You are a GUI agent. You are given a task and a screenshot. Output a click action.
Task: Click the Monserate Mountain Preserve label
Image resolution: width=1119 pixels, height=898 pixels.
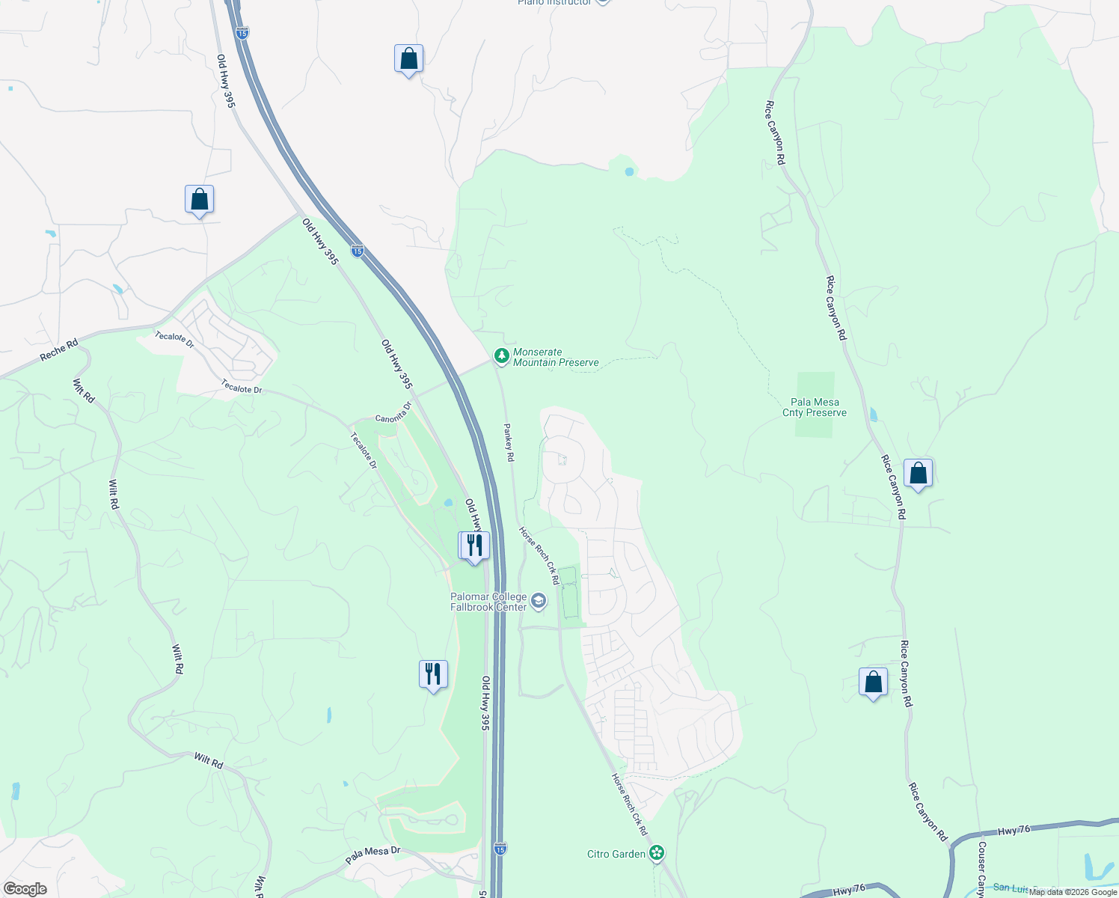coord(556,358)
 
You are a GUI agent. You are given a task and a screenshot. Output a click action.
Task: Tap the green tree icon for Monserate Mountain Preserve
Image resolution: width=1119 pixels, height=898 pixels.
coord(502,356)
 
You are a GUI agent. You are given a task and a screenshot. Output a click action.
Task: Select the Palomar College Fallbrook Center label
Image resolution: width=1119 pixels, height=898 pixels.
coord(488,602)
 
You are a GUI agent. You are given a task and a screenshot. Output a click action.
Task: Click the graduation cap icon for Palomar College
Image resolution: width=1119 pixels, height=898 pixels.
coord(539,601)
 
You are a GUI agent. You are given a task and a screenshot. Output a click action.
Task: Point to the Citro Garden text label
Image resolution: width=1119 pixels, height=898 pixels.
coord(616,854)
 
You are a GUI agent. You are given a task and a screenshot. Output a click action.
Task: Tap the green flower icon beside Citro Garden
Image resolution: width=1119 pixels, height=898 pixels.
coord(657,852)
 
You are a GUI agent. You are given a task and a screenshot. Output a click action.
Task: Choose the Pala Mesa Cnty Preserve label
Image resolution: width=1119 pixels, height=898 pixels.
coord(815,407)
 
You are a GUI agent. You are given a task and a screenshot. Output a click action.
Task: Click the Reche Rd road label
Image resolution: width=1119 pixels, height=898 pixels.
coord(59,350)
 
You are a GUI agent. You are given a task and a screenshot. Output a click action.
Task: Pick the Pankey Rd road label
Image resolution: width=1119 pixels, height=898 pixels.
coord(509,442)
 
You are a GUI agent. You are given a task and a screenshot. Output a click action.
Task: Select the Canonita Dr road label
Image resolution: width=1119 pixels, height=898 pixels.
coord(393,413)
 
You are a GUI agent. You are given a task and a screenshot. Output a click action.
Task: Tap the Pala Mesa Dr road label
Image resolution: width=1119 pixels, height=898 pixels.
coord(373,855)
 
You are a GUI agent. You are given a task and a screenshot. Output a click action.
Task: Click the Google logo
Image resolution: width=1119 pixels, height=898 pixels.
coord(25,889)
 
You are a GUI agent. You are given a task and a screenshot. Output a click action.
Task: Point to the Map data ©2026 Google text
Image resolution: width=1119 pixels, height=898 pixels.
coord(1073,892)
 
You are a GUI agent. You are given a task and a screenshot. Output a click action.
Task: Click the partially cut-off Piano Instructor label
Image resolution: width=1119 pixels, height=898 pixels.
coord(554,2)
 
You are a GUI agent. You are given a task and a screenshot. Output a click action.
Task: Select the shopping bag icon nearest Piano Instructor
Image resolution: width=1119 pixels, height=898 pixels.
coord(408,58)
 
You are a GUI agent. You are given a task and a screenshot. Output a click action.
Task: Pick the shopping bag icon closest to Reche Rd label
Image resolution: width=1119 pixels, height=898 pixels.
coord(199,200)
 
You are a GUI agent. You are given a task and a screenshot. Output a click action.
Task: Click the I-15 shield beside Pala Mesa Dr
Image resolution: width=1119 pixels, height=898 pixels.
coord(500,848)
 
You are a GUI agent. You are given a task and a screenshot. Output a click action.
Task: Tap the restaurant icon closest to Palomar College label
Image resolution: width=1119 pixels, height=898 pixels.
coord(474,546)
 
